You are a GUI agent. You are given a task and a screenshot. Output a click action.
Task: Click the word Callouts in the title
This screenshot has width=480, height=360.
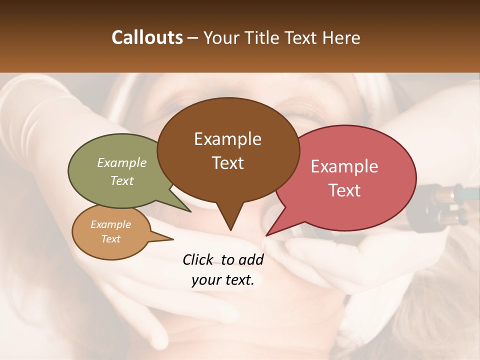(147, 37)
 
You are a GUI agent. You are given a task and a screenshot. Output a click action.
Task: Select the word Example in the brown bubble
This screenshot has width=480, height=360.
(227, 139)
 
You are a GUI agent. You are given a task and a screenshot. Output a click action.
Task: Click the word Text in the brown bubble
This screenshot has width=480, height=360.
(227, 162)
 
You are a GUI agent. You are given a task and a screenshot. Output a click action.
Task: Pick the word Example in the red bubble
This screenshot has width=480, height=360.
(344, 166)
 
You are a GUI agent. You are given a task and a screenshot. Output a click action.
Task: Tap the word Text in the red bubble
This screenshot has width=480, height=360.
(344, 190)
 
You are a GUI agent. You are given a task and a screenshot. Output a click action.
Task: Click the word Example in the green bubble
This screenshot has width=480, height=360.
(122, 162)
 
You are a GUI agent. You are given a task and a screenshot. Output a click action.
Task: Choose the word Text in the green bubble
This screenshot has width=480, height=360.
(122, 180)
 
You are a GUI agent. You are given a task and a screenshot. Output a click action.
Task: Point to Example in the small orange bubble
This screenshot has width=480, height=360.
(111, 224)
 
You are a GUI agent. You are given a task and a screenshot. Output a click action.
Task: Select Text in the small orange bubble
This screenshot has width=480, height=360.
(111, 239)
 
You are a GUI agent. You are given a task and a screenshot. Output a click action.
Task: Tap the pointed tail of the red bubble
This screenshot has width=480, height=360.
(267, 235)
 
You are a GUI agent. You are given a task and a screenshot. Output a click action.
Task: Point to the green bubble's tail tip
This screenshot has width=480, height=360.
(190, 211)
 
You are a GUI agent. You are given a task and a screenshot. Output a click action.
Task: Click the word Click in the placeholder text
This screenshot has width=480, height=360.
(198, 259)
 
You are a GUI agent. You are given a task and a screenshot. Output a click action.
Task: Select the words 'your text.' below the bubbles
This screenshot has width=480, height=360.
(223, 280)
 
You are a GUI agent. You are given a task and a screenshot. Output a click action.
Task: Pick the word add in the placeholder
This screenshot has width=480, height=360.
(251, 259)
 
